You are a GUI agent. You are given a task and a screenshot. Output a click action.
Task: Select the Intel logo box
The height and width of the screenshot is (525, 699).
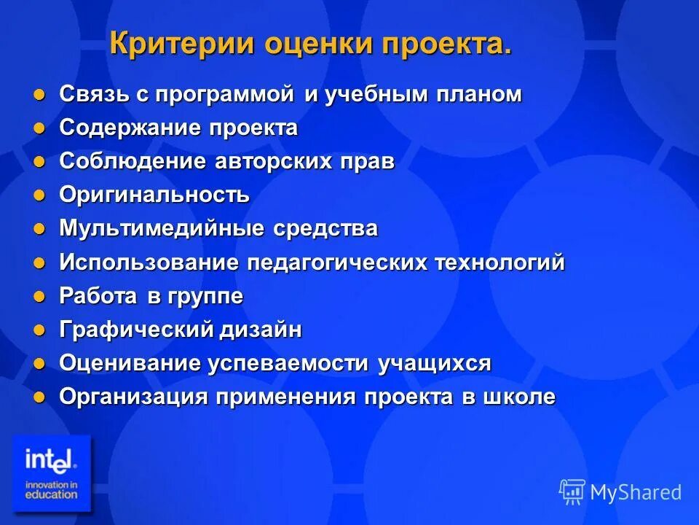51,473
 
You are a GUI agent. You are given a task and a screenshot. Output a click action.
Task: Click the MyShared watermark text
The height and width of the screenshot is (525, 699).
636,492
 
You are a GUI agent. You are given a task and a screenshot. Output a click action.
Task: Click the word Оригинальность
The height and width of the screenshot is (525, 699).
154,195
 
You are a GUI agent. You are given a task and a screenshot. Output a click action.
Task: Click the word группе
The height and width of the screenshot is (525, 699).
206,297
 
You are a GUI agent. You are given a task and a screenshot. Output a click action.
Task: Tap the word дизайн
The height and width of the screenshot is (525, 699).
261,330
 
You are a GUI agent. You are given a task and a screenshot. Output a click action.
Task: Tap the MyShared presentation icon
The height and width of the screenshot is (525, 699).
572,491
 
